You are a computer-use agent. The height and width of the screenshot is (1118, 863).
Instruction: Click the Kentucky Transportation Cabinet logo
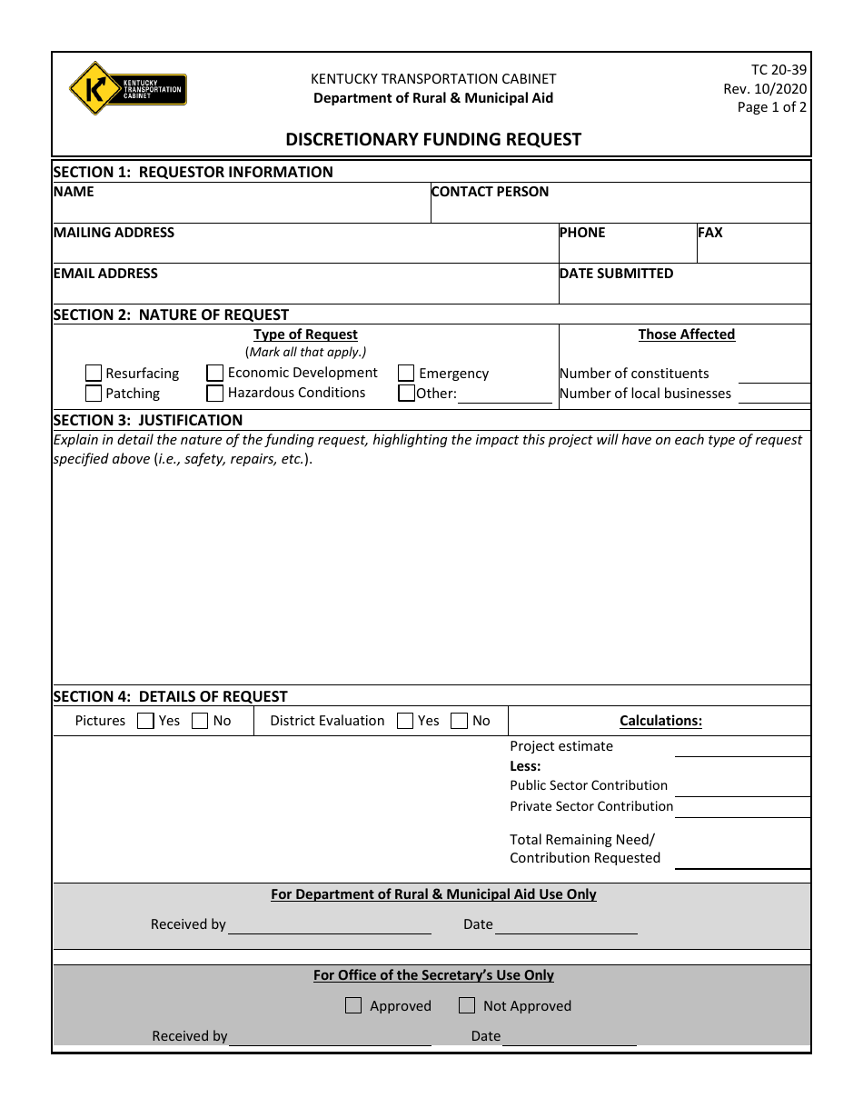[127, 89]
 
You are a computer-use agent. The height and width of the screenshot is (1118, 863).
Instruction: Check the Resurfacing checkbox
[94, 373]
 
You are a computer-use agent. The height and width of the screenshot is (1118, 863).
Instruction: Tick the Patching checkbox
[94, 394]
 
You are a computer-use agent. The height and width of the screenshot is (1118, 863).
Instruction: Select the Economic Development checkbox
[215, 373]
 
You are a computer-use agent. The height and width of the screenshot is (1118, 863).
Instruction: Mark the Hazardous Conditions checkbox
[215, 394]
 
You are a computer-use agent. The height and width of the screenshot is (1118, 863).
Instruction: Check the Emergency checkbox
[406, 373]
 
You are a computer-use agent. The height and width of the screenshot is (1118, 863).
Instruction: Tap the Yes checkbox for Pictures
[145, 721]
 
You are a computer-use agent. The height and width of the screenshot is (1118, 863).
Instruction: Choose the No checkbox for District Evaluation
[460, 721]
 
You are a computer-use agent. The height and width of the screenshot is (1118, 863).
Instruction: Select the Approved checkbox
[353, 1005]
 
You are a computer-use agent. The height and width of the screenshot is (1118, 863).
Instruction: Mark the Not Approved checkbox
[467, 1005]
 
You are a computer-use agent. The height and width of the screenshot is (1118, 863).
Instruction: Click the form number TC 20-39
[779, 70]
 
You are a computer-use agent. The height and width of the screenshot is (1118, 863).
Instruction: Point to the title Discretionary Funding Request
[433, 139]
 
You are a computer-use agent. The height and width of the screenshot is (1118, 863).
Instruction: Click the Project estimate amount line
[742, 747]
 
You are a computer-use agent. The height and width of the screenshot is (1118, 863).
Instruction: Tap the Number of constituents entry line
[774, 374]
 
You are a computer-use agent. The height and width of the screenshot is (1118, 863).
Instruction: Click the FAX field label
[710, 233]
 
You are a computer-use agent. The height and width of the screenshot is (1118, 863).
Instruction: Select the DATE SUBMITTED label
[616, 274]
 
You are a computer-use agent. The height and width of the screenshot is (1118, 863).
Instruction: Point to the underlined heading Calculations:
[660, 721]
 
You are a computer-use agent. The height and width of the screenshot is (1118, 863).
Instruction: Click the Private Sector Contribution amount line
[742, 807]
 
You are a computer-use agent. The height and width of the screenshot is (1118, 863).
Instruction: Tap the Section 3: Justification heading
[148, 420]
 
